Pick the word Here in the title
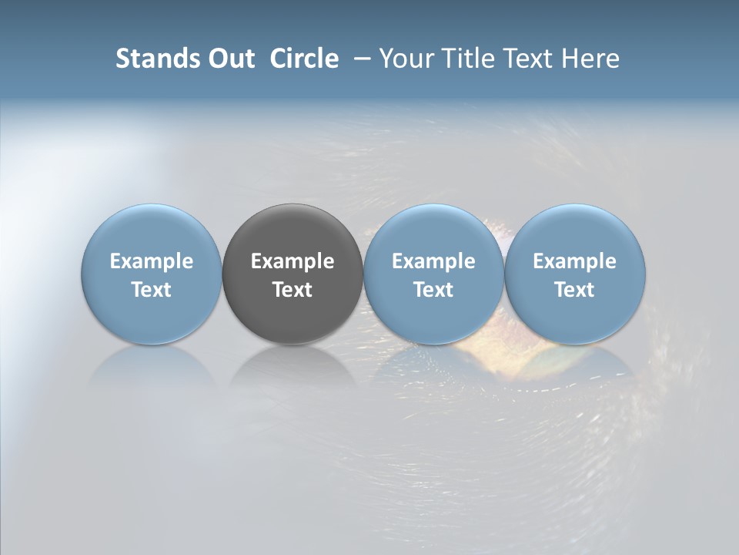[x=590, y=59]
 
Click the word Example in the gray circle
[x=293, y=261]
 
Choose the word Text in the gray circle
[x=293, y=290]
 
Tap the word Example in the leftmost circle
[x=152, y=261]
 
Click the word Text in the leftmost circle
[x=152, y=290]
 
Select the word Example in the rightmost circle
[x=575, y=261]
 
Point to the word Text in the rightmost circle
[x=575, y=290]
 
